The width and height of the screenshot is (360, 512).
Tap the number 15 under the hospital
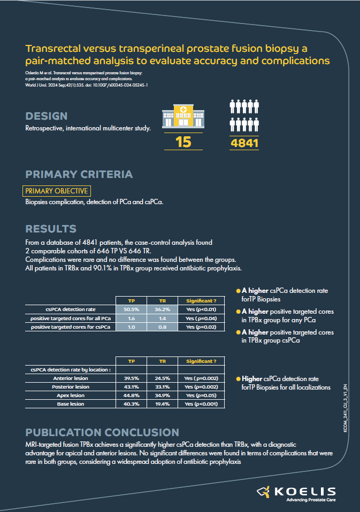183,142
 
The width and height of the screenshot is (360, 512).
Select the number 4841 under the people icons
244,143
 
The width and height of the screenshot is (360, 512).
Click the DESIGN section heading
47,116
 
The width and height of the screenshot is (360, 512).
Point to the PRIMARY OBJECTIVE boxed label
56,191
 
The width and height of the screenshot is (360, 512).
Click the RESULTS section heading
50,229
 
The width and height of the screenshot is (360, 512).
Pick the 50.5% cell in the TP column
132,309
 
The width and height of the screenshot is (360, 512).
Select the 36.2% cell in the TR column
162,309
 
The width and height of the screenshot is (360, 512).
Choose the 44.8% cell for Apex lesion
132,395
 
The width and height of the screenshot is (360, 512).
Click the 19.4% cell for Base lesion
162,404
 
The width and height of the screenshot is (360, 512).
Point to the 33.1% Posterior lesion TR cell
162,387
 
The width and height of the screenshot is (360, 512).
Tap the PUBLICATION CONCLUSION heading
102,432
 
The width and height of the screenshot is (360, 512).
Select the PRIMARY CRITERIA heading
79,174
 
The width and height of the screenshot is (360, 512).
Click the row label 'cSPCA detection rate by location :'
71,369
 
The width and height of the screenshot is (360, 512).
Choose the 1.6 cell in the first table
132,318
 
